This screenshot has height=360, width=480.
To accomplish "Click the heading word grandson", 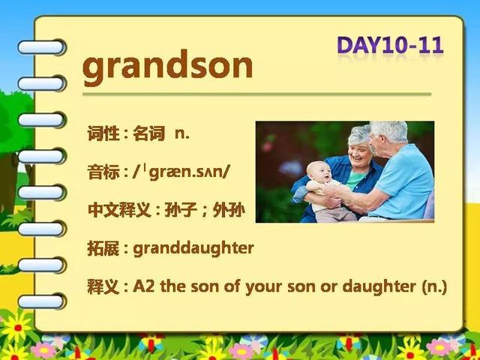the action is click(x=167, y=67).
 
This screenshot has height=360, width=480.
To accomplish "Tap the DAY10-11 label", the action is click(x=390, y=46).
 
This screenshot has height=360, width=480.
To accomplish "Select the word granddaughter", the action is click(x=193, y=249).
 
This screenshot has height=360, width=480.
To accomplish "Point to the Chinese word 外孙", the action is click(x=229, y=211).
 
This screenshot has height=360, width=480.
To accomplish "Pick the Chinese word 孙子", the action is click(x=181, y=211).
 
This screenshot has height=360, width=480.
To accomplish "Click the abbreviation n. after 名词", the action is click(x=182, y=134).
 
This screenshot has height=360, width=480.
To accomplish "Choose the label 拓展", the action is click(x=103, y=248).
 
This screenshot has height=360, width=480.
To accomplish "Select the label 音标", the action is click(x=103, y=172).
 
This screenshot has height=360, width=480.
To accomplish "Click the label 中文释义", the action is click(x=119, y=211).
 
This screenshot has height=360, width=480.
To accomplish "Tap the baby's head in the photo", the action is click(x=319, y=172).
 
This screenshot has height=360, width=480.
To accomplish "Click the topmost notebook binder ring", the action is click(x=41, y=47).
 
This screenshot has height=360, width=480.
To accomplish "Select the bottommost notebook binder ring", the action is click(x=41, y=301).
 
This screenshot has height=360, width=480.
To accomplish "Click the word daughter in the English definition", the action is click(x=379, y=287).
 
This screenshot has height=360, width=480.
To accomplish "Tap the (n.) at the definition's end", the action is click(x=434, y=287).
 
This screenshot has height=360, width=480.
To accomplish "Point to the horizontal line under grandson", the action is click(x=256, y=94).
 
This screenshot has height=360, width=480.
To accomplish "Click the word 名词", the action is click(x=148, y=134).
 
